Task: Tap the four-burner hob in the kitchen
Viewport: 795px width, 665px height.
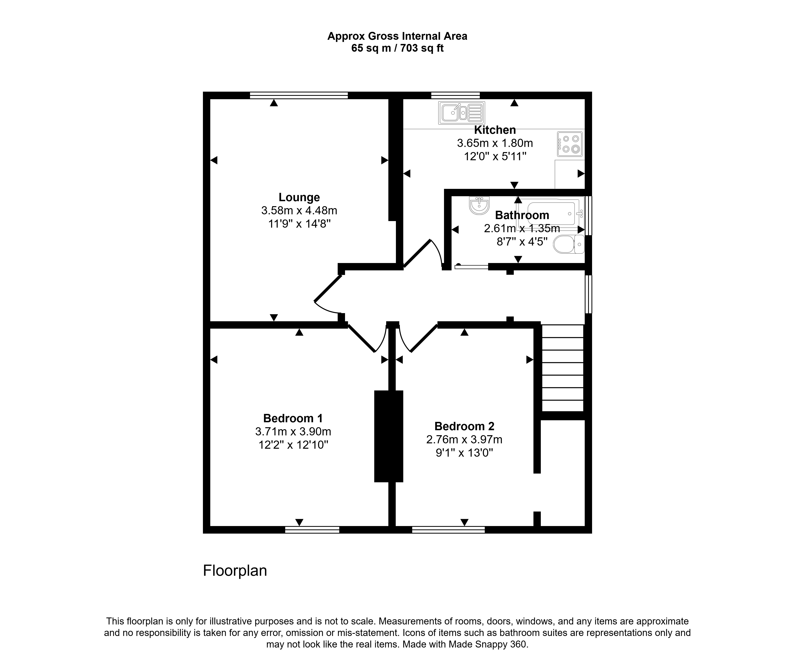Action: click(x=570, y=144)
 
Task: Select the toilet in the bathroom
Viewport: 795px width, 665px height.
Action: click(x=569, y=244)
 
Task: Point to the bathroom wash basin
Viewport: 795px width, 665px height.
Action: click(x=479, y=205)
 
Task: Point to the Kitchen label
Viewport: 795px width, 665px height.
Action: click(x=495, y=130)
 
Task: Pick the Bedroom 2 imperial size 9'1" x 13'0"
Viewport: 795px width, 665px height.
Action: click(x=464, y=452)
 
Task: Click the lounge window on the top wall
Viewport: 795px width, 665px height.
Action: click(x=299, y=95)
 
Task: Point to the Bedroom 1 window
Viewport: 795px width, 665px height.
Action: click(x=312, y=530)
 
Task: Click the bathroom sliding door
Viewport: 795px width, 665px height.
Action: click(x=471, y=267)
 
